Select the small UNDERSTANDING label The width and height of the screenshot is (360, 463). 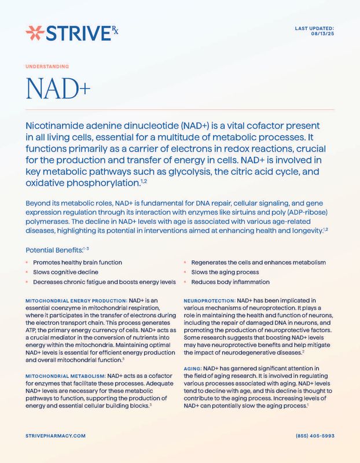click(47, 67)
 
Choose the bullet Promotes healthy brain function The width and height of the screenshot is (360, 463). click(77, 262)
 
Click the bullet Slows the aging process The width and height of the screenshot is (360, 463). click(225, 271)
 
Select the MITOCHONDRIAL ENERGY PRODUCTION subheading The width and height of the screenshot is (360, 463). click(76, 301)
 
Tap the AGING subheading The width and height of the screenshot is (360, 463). click(192, 368)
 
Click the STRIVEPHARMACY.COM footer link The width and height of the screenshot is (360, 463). click(56, 435)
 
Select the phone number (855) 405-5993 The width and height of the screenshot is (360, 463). click(315, 435)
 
